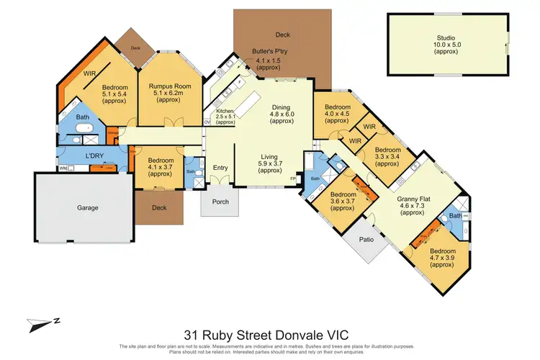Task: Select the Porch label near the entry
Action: coord(220,202)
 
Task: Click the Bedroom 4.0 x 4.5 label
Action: coord(337,111)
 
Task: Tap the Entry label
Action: coord(220,168)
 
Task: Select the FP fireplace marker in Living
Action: coord(292,178)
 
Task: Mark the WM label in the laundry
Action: coord(63,169)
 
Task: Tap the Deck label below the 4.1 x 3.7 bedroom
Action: coord(160,208)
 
